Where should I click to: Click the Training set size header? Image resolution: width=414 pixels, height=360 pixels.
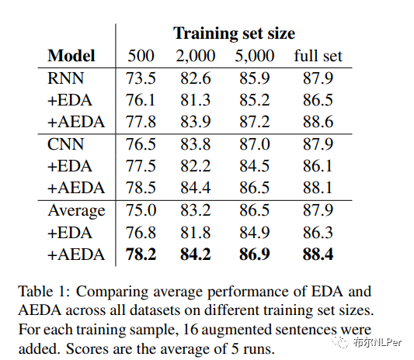(234, 33)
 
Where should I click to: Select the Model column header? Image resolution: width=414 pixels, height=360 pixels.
(71, 56)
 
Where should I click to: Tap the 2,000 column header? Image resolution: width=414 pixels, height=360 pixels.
(195, 56)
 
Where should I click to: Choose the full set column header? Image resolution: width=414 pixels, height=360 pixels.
(318, 56)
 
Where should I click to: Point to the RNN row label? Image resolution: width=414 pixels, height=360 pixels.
(65, 78)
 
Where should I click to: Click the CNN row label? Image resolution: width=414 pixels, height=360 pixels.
(66, 144)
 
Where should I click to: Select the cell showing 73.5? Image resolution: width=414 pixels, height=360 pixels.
(141, 78)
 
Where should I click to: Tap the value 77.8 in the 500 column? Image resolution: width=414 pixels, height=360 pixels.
(141, 122)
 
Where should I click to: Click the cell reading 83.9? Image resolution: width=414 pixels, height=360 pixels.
(195, 122)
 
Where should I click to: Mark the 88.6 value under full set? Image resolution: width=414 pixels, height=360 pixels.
(318, 122)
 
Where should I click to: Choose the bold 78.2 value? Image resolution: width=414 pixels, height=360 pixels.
(141, 254)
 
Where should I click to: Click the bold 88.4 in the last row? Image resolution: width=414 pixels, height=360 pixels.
(318, 254)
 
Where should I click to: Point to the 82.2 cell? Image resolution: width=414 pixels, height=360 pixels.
(195, 166)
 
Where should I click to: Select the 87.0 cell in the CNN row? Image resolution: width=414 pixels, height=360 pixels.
(256, 144)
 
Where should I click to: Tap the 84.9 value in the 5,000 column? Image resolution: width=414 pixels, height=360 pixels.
(256, 233)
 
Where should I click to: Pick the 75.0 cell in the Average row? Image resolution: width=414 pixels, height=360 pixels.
(141, 210)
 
